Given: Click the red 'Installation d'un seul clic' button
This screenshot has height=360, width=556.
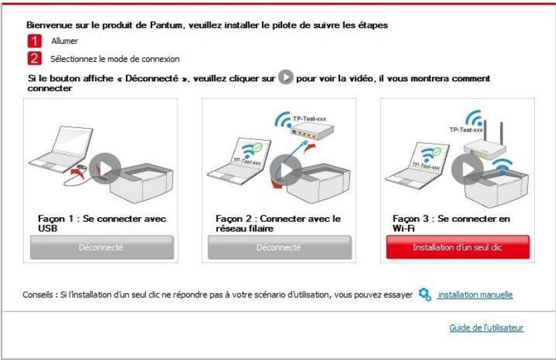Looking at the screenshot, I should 457,247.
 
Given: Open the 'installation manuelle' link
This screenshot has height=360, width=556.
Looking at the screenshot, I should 475,294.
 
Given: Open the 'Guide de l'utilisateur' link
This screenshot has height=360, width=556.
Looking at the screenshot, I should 486,327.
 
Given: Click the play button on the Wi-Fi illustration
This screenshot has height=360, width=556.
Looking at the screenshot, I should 467,171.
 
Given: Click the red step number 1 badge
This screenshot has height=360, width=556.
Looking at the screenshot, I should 31,41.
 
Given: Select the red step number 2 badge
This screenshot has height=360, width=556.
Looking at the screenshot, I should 31,59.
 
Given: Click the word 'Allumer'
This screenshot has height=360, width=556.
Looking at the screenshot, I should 65,41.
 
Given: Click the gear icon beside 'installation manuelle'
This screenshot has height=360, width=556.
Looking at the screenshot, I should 424,294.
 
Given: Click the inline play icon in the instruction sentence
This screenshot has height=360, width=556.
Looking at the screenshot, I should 285,78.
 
